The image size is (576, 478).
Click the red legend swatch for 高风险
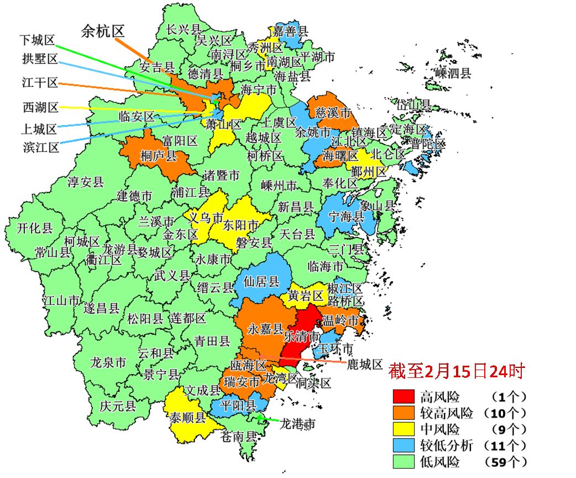click(404, 396)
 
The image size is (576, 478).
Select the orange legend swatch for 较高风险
click(404, 412)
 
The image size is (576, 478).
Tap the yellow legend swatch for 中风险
click(404, 429)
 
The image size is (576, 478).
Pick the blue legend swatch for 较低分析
click(404, 445)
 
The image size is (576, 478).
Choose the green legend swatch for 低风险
click(404, 461)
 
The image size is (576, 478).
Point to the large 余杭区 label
click(102, 31)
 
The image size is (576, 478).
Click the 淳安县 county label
click(86, 182)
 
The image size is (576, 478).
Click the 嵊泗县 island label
click(453, 72)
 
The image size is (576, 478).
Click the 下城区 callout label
click(38, 40)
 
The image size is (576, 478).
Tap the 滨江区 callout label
click(41, 147)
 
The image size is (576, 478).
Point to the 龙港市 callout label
click(297, 424)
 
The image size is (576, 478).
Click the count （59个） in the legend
click(505, 461)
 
